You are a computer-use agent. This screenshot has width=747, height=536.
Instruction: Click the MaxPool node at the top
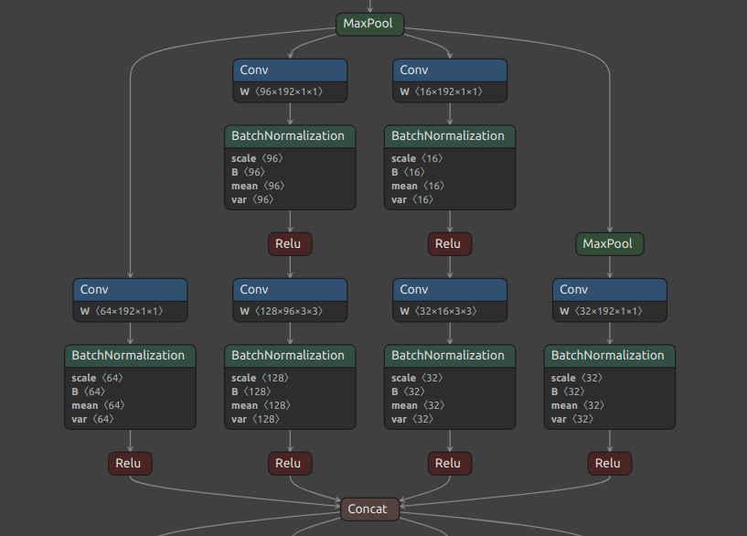pos(368,24)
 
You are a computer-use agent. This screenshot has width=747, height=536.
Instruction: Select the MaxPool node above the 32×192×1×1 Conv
pos(609,244)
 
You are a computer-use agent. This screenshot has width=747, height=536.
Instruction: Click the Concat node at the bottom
pos(368,509)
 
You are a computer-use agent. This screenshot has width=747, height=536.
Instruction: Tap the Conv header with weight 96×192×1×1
pos(290,70)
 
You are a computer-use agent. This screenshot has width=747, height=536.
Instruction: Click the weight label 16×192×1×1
pos(441,91)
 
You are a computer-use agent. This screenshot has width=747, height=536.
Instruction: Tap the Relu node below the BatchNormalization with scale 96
pos(290,244)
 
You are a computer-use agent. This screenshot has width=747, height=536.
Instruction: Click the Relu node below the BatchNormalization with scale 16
pos(449,244)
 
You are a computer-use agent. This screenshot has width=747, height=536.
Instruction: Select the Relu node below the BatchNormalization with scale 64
pos(130,464)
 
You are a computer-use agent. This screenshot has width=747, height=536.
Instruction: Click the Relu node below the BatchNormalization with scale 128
pos(290,464)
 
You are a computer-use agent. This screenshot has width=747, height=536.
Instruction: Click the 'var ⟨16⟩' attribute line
pos(411,199)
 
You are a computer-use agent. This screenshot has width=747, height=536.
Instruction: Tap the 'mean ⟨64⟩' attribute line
pos(97,405)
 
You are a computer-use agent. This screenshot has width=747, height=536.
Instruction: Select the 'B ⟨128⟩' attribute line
pos(253,391)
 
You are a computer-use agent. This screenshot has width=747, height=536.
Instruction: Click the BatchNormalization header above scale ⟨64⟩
pos(130,355)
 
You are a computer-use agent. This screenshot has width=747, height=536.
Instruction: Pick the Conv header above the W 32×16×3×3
pos(449,290)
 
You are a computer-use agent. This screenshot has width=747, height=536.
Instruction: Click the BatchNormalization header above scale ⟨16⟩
pos(449,135)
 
